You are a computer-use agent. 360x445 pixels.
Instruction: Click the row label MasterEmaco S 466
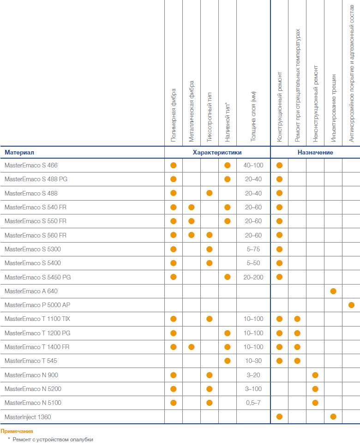[x=31, y=165]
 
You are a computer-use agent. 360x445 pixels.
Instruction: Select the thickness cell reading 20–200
[x=253, y=277]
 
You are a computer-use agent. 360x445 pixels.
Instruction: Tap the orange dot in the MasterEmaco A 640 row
[x=333, y=291]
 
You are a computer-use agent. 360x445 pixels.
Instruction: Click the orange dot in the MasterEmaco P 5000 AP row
[x=351, y=305]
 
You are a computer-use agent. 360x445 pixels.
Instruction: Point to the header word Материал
[x=19, y=152]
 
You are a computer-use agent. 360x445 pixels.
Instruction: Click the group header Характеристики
[x=217, y=152]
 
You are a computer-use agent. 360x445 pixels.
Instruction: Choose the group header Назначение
[x=315, y=152]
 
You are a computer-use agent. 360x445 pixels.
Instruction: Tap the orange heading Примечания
[x=17, y=431]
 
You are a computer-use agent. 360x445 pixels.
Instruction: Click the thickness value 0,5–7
[x=253, y=403]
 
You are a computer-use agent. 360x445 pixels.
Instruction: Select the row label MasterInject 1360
[x=28, y=417]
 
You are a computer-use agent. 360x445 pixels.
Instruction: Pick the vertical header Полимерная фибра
[x=174, y=115]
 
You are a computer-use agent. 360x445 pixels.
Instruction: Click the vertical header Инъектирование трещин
[x=333, y=108]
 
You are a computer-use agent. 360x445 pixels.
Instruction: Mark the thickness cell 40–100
[x=253, y=165]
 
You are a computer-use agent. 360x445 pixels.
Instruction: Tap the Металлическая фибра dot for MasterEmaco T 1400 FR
[x=192, y=347]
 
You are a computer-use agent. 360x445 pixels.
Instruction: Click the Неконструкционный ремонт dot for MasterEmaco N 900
[x=315, y=375]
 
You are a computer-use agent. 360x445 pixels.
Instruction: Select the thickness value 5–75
[x=253, y=249]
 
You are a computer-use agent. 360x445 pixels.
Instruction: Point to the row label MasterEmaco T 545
[x=30, y=361]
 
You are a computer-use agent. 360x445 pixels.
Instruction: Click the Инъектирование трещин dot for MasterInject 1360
[x=333, y=416]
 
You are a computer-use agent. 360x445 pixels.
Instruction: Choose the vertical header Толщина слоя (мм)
[x=253, y=116]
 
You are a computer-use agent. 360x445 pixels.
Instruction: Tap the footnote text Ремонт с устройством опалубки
[x=53, y=439]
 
